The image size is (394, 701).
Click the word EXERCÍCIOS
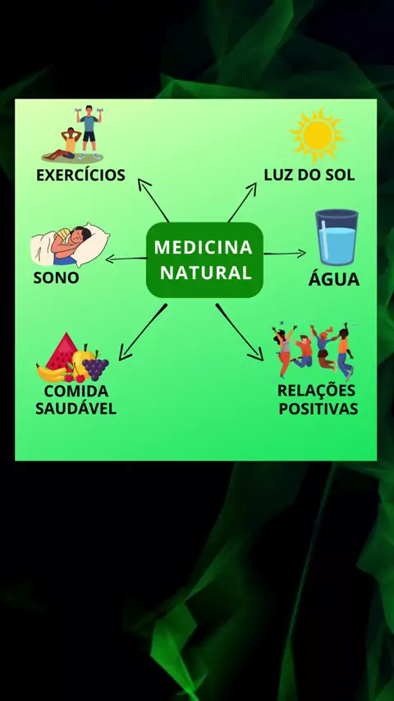[x=80, y=175]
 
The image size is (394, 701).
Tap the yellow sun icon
[x=318, y=135]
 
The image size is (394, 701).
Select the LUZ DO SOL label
[x=309, y=175]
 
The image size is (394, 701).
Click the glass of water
[x=337, y=237]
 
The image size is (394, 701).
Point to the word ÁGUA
[x=333, y=279]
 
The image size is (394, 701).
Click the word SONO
[x=57, y=278]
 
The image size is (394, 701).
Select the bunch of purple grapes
[x=95, y=367]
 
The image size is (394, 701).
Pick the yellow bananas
[x=50, y=373]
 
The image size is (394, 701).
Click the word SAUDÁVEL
[x=76, y=409]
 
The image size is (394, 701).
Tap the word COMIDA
[x=76, y=392]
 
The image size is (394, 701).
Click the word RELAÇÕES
[x=316, y=390]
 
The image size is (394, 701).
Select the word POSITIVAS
[x=318, y=409]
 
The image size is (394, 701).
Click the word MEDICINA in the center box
[x=204, y=247]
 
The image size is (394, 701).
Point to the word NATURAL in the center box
[x=206, y=273]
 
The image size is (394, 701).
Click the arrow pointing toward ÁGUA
[x=285, y=254]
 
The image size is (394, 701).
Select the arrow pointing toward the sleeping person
[x=126, y=259]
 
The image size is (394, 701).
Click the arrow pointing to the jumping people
[x=239, y=332]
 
